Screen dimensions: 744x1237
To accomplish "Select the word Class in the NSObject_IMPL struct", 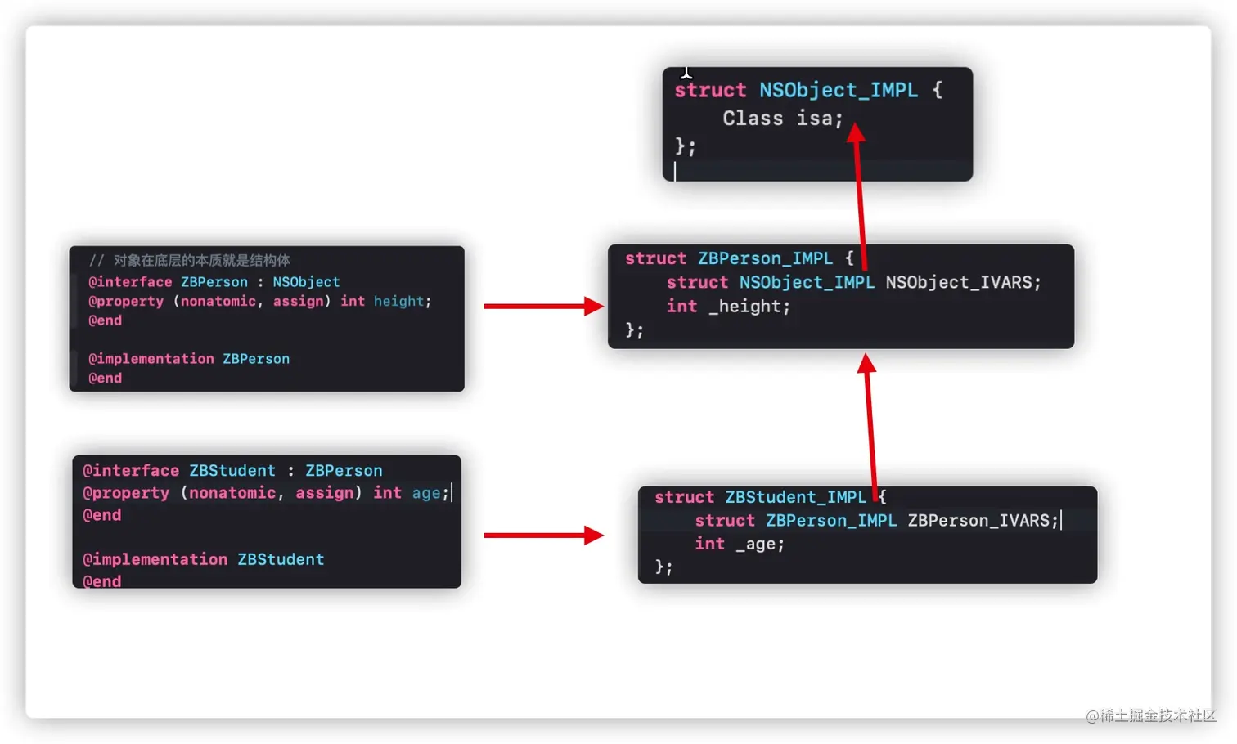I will tap(753, 119).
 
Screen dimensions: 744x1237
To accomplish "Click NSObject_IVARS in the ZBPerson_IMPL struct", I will tap(962, 283).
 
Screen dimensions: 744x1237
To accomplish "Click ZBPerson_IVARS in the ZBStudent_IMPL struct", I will tap(982, 521).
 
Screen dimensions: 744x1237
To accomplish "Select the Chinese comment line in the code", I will tap(190, 261).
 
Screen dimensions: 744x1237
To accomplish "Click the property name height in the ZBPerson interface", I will tap(398, 302).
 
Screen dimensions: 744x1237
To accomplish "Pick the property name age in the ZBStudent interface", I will tap(426, 493).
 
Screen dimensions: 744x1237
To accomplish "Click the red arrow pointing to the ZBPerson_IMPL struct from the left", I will tap(543, 307).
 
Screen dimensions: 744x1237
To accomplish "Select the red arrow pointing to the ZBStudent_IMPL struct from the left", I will tap(543, 536).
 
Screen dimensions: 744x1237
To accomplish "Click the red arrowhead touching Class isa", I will tap(856, 132).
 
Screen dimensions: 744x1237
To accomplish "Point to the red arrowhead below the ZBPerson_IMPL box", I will tap(866, 364).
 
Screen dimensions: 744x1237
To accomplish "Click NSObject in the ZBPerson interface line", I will tap(306, 282).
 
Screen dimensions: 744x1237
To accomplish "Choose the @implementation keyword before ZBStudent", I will tap(155, 560).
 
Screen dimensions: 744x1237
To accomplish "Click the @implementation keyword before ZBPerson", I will tap(151, 359).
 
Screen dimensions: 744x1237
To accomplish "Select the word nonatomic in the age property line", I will tap(232, 493).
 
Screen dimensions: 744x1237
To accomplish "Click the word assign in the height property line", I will tap(298, 302).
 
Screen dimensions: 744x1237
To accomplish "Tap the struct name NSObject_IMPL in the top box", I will tap(838, 90).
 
